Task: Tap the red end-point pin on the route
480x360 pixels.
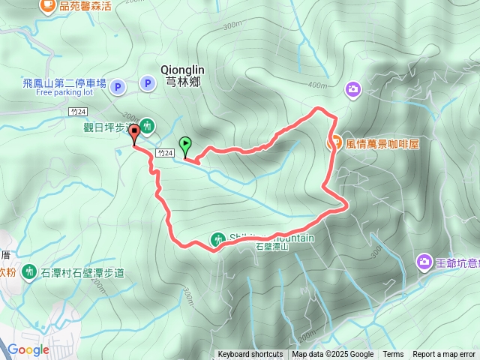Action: [x=135, y=134]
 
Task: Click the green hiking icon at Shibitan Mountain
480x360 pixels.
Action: [x=217, y=239]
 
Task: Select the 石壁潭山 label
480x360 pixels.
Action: [x=273, y=246]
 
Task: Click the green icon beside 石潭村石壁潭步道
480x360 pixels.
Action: [x=29, y=270]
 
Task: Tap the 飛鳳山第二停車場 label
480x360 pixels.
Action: [x=64, y=82]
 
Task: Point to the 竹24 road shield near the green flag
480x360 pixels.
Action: [x=166, y=153]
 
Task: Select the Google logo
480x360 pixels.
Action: [x=28, y=349]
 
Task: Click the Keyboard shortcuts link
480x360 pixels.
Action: [x=250, y=355]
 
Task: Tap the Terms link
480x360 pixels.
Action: [x=393, y=355]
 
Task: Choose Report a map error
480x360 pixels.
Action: [x=444, y=355]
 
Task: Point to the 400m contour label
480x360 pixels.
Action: [x=317, y=85]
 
